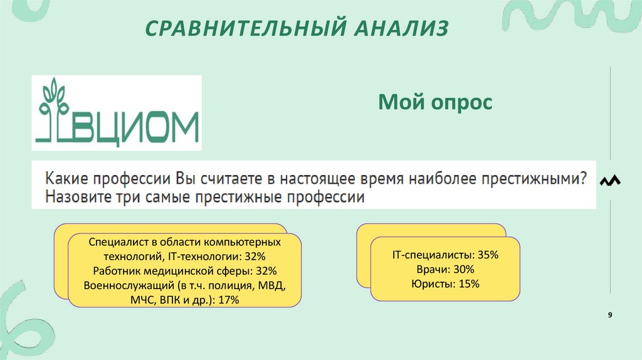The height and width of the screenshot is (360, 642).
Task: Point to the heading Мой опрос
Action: [435, 102]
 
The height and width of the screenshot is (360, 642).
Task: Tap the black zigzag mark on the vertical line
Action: [609, 181]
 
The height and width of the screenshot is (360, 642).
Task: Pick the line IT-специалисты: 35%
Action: [445, 255]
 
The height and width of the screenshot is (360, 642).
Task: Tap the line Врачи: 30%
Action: [445, 270]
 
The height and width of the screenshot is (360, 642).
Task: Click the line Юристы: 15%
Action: [445, 284]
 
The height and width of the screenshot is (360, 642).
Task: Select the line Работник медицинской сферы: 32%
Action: [184, 271]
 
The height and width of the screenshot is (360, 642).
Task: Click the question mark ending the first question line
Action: [583, 179]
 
